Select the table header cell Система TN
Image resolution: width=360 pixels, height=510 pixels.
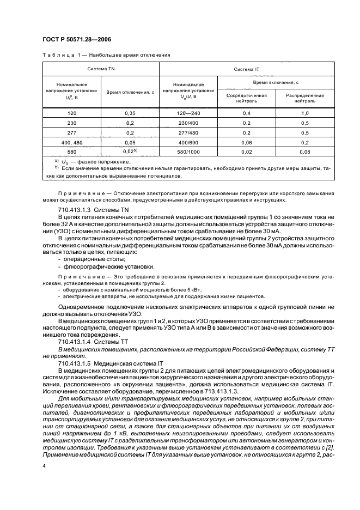coord(100,69)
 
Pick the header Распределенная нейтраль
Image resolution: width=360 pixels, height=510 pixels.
coord(305,98)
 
